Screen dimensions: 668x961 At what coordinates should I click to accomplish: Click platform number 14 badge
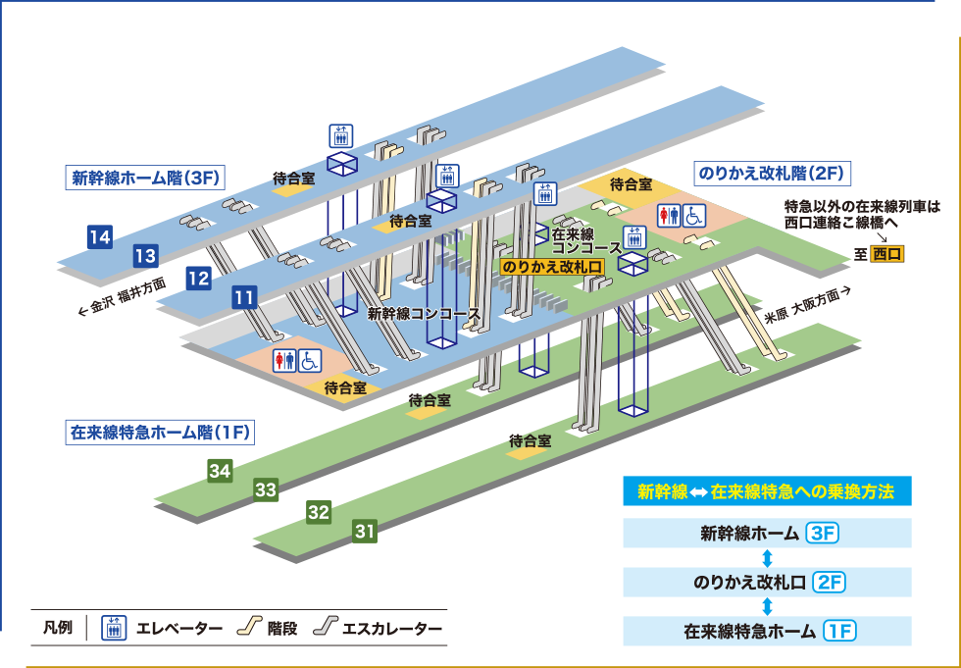coord(99,236)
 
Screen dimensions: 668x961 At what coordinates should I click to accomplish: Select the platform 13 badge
coord(145,257)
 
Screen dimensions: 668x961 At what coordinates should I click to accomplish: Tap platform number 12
coord(198,278)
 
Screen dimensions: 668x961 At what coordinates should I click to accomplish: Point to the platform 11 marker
coord(244,297)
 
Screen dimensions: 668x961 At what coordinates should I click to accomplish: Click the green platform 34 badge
coord(220,471)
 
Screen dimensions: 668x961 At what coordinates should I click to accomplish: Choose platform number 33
coord(266,488)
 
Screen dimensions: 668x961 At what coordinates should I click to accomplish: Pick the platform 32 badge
coord(318,511)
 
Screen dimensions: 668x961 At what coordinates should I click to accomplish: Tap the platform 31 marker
coord(365,532)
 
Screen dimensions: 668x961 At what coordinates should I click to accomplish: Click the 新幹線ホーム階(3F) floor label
coord(146,179)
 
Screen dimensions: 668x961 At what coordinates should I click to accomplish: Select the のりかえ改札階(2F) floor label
coord(771,174)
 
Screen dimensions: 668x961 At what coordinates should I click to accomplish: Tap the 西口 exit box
coord(887,254)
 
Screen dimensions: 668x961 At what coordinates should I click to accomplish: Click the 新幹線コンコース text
coord(423,314)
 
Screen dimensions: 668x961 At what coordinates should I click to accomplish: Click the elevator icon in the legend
coord(115,628)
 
